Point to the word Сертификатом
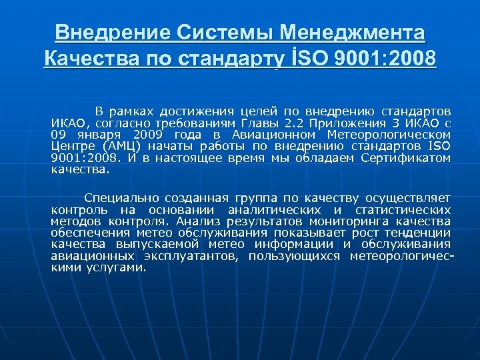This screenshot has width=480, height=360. (x=405, y=158)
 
